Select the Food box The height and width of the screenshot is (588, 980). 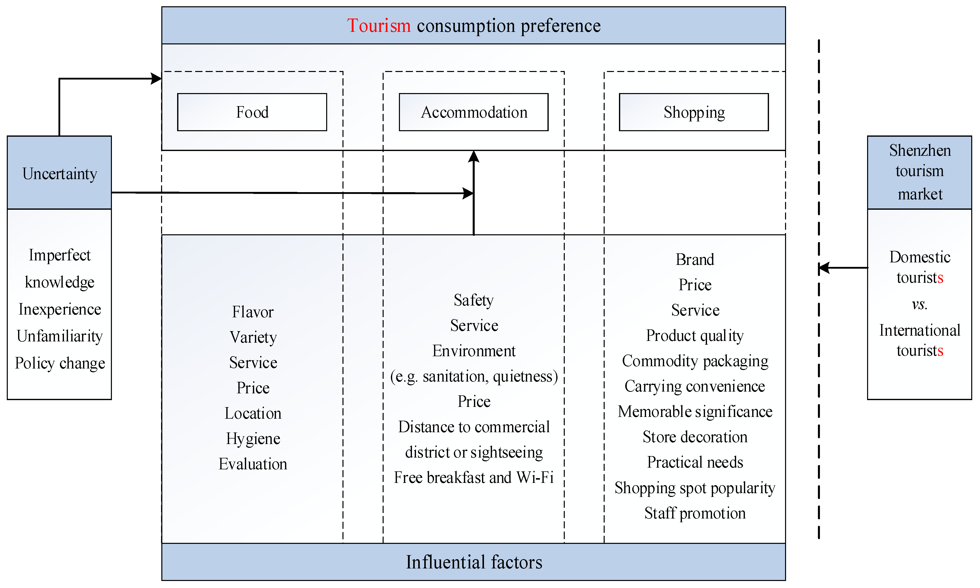click(x=252, y=112)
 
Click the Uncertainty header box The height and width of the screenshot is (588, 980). click(x=59, y=173)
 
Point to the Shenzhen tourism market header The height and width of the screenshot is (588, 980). click(x=919, y=172)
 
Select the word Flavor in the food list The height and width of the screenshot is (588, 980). click(x=253, y=312)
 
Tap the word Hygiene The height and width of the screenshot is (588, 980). click(x=253, y=439)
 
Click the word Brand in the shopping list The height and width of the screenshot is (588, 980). click(x=695, y=260)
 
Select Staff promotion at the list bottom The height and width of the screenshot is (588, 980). click(x=695, y=513)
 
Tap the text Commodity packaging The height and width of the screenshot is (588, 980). click(x=695, y=361)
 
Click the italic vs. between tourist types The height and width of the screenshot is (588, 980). click(x=919, y=304)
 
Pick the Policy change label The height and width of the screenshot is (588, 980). click(x=60, y=363)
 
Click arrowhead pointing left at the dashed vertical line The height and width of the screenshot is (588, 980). click(x=823, y=268)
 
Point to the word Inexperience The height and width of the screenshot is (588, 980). click(x=60, y=309)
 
